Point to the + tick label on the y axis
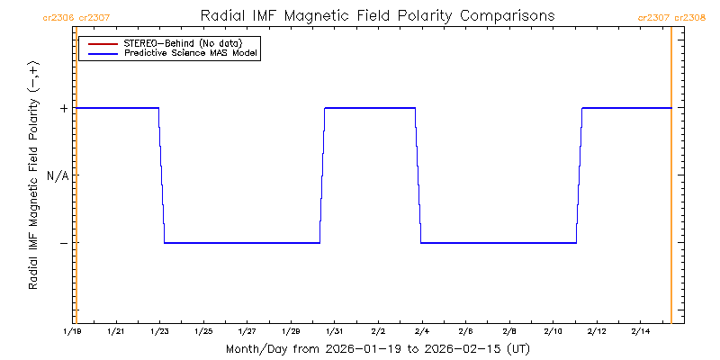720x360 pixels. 64,108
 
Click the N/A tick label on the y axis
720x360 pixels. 58,175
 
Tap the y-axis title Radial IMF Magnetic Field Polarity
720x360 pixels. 34,175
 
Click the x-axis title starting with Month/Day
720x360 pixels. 377,348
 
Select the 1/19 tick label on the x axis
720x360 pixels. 72,332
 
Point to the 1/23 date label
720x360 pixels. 159,332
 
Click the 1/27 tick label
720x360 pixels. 247,332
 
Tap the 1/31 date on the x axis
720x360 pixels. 334,332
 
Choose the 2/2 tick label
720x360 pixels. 378,332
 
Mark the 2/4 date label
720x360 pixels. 421,332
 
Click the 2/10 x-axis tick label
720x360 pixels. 553,332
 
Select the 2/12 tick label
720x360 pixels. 596,332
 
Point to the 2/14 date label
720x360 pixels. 640,332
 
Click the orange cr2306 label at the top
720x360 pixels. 58,17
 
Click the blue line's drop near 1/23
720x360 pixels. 162,175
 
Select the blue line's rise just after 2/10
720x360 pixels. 580,175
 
